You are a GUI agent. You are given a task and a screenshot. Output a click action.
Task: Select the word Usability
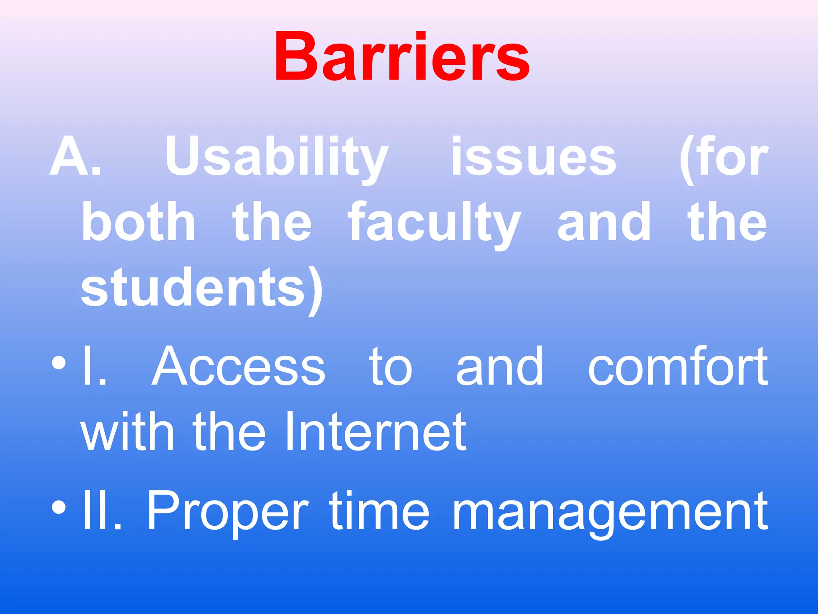pyautogui.click(x=277, y=158)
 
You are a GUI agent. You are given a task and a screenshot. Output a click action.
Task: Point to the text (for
pyautogui.click(x=723, y=158)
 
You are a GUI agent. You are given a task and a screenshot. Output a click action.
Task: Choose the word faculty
pyautogui.click(x=435, y=224)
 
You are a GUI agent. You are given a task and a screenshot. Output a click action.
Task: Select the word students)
pyautogui.click(x=202, y=289)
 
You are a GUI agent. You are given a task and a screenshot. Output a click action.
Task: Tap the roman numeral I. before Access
pyautogui.click(x=93, y=367)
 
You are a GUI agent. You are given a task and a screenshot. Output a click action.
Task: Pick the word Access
pyautogui.click(x=238, y=367)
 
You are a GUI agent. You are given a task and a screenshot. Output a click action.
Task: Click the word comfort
pyautogui.click(x=678, y=367)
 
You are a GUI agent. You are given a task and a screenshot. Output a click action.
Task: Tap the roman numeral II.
pyautogui.click(x=101, y=511)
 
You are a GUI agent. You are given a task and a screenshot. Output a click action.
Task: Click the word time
pyautogui.click(x=379, y=511)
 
